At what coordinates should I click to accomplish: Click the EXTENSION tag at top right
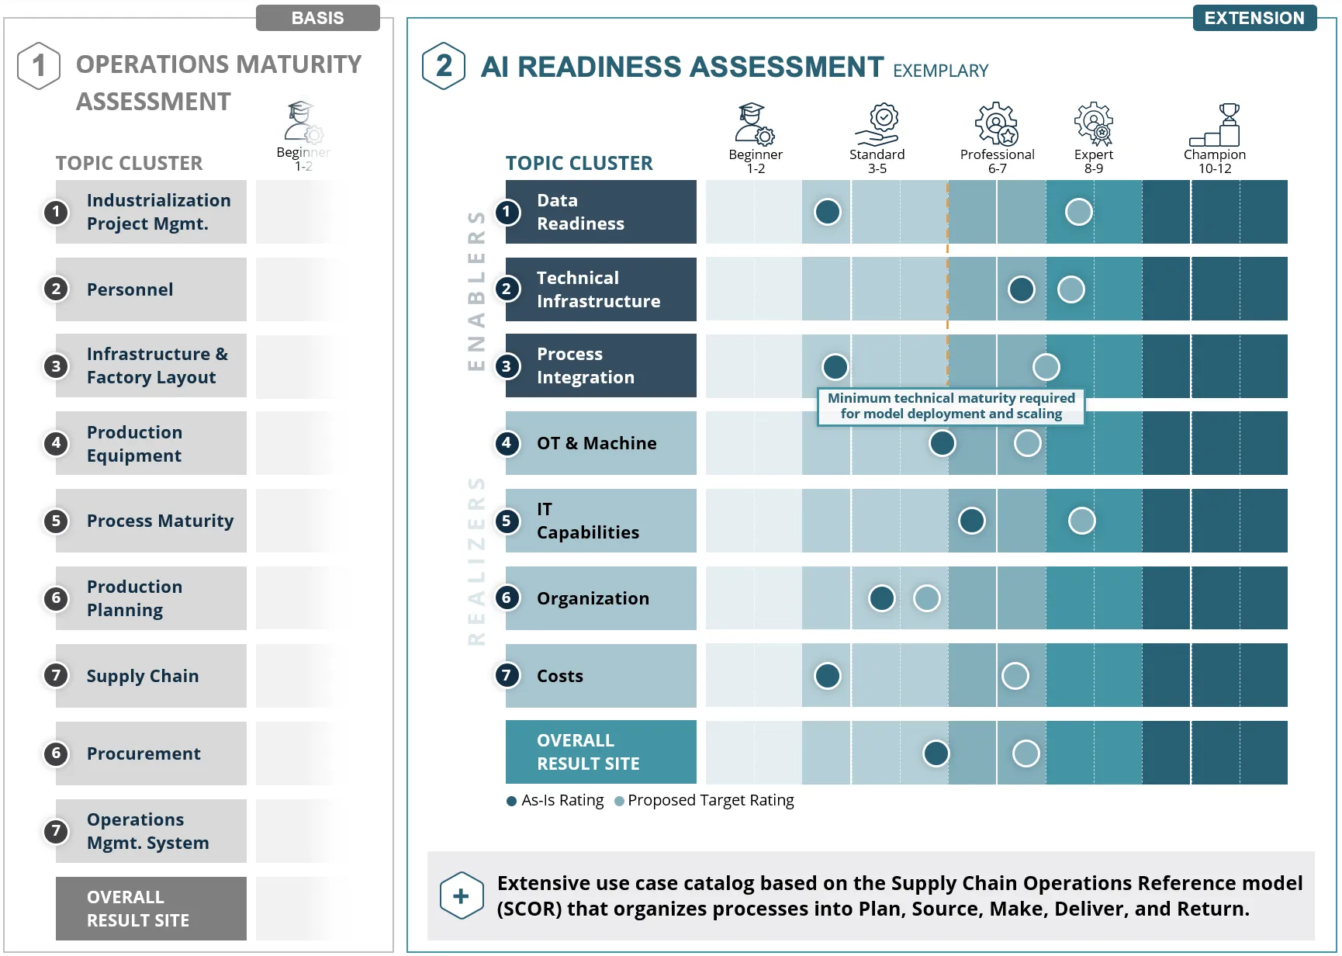pos(1254,18)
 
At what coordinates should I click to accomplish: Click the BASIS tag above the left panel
pos(318,18)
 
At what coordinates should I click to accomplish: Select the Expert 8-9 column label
pos(1094,161)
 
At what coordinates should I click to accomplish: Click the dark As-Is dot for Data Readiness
pos(828,212)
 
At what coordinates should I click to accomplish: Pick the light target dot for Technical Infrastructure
pos(1071,289)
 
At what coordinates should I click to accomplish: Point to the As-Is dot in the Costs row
pos(828,676)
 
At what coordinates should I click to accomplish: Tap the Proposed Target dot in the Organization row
pos(927,598)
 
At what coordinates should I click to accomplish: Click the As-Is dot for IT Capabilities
pos(972,521)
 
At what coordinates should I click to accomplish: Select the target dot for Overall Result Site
pos(1026,753)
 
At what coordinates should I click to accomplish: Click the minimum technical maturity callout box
pos(951,407)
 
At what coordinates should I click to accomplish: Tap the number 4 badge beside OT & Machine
pos(507,443)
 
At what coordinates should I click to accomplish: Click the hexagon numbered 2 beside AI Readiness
pos(444,66)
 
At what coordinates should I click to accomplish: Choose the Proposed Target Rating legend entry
pos(704,800)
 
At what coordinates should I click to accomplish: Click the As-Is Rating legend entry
pos(555,800)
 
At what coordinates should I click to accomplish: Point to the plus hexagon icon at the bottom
pos(462,895)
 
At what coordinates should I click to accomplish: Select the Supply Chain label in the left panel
pos(143,676)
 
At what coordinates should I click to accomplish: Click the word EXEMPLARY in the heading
pos(941,71)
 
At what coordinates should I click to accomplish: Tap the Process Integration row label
pos(586,365)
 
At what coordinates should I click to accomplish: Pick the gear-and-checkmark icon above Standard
pos(877,124)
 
